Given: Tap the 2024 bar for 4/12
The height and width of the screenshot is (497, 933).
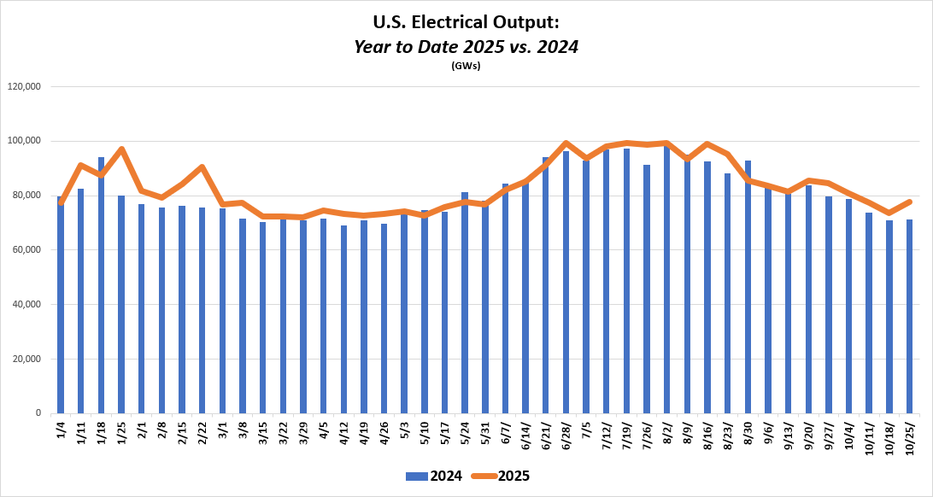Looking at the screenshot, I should [343, 319].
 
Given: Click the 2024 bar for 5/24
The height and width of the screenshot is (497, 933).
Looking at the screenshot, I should [465, 303].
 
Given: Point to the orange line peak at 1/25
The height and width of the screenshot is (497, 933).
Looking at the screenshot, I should [121, 149].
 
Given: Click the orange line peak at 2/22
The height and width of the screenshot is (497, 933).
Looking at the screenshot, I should [202, 167].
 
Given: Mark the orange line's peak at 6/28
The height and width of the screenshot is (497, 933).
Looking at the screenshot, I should [566, 143].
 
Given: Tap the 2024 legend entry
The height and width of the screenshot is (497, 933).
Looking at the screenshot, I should [435, 476].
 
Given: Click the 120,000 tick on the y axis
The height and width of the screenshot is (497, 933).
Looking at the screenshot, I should [25, 86].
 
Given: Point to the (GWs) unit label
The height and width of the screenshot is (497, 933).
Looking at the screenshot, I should [466, 66].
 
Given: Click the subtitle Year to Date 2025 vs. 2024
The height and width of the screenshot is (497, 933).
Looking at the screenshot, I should [466, 47].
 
